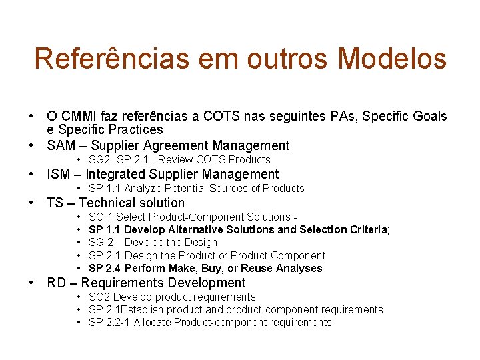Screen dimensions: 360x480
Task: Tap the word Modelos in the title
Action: coord(392,58)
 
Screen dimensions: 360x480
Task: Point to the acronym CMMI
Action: coord(83,116)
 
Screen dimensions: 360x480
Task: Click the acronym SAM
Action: coord(61,145)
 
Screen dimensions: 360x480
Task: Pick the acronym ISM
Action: coord(59,174)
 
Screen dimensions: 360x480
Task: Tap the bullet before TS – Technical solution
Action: coord(31,203)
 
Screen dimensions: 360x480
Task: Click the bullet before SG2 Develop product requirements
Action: coord(79,297)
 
